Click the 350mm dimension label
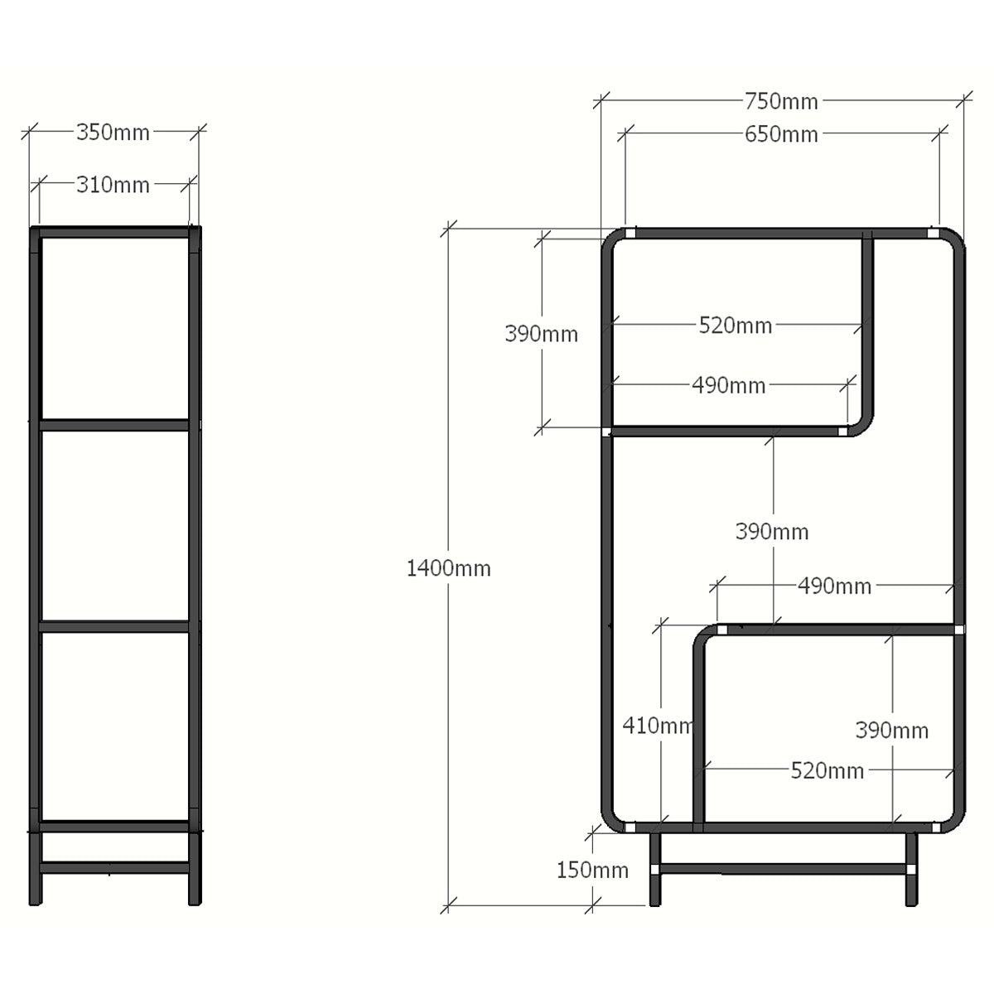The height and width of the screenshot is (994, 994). (x=113, y=133)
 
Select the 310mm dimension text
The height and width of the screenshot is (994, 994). (x=113, y=185)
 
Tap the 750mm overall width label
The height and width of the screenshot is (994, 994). (x=781, y=102)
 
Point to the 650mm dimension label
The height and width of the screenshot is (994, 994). (x=781, y=135)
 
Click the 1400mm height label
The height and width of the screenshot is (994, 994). (x=448, y=568)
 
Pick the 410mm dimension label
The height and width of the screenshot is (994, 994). (x=657, y=726)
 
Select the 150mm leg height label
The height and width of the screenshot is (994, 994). (x=592, y=871)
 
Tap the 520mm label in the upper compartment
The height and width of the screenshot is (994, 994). (x=735, y=326)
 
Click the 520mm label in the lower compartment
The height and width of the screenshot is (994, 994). (x=827, y=770)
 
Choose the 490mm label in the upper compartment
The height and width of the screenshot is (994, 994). (x=728, y=386)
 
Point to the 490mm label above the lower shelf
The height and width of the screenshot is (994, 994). (x=834, y=586)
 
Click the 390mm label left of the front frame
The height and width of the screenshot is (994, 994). (x=541, y=334)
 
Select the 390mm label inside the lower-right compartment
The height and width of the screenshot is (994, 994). (x=892, y=731)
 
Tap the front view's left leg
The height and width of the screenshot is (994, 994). (x=654, y=869)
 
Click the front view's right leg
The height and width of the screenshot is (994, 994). (x=911, y=869)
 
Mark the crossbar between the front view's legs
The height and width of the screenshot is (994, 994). (x=783, y=869)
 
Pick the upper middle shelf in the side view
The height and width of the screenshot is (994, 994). (x=114, y=425)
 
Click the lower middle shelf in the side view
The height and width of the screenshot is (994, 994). (x=114, y=627)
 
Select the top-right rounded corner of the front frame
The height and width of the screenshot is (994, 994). (x=953, y=239)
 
